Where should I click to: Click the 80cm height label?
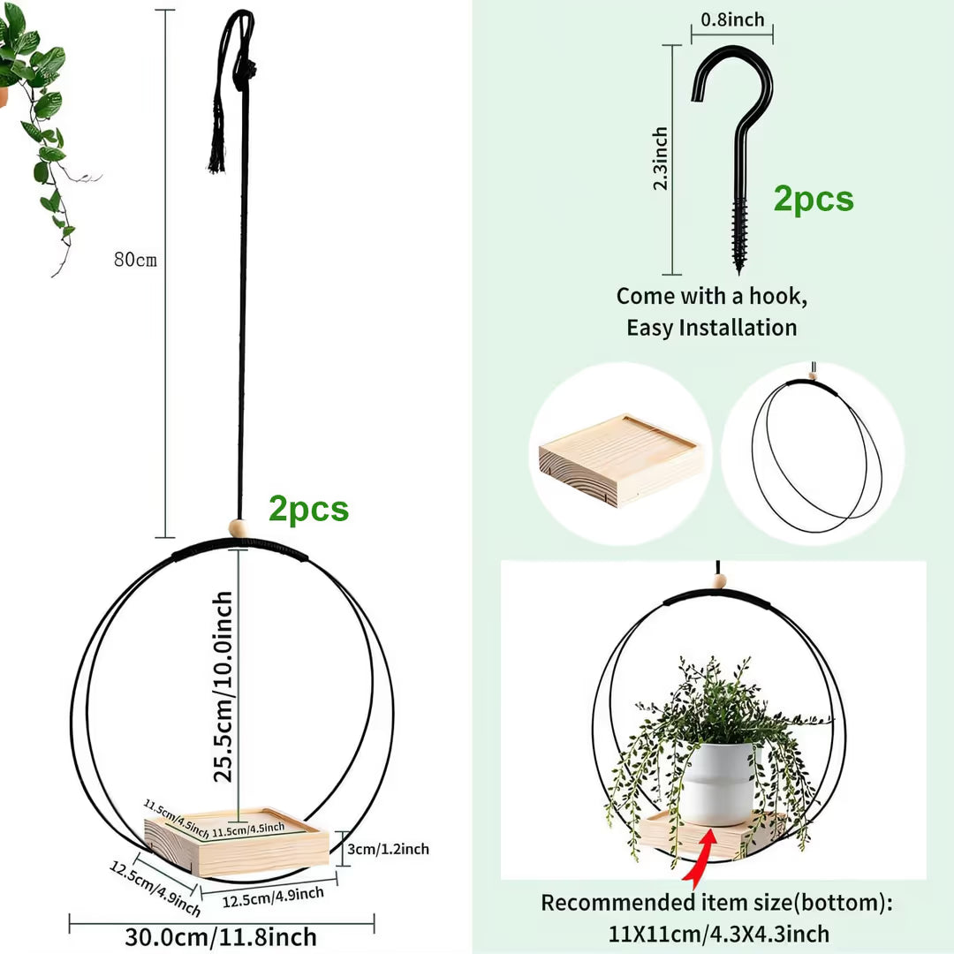tap(135, 260)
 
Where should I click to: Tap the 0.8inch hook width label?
tap(732, 19)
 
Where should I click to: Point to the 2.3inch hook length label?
tap(660, 159)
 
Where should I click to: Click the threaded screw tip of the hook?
tap(739, 268)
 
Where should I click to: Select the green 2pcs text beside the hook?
tap(814, 199)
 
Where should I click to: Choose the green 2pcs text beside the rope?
tap(308, 509)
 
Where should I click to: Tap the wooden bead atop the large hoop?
tap(238, 528)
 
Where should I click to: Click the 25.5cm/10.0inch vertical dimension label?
tap(223, 686)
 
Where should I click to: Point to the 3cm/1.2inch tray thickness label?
tap(388, 849)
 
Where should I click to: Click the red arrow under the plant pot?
tap(699, 858)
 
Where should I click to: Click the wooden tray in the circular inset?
tap(621, 460)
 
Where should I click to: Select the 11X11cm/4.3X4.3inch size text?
tap(718, 934)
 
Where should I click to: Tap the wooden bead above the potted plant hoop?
tap(719, 581)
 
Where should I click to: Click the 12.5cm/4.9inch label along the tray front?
tap(273, 897)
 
